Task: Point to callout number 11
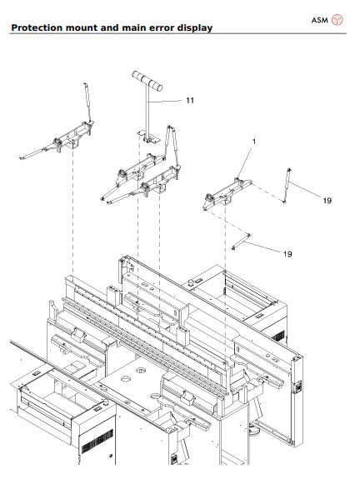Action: point(190,100)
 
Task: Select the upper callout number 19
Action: point(327,200)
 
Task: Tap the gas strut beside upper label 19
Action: point(287,184)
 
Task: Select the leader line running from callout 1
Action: point(247,161)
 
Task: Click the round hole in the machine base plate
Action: point(126,380)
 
